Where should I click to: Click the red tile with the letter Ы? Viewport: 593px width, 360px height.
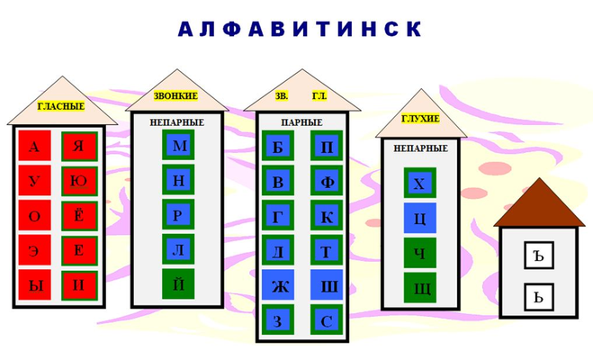pyautogui.click(x=35, y=284)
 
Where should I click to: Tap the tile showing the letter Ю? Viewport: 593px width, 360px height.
pyautogui.click(x=79, y=181)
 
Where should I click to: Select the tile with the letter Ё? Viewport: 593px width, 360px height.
pyautogui.click(x=79, y=215)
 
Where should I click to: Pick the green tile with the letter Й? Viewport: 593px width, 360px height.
pyautogui.click(x=178, y=284)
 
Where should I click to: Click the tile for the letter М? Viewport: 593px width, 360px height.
pyautogui.click(x=178, y=145)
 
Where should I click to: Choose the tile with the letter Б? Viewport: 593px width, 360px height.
pyautogui.click(x=278, y=146)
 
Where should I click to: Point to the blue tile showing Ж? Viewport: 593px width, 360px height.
pyautogui.click(x=278, y=284)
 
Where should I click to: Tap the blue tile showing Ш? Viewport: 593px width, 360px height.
pyautogui.click(x=327, y=284)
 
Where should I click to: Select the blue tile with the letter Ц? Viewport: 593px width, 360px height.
pyautogui.click(x=420, y=218)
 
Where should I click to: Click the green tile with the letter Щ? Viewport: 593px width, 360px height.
pyautogui.click(x=420, y=288)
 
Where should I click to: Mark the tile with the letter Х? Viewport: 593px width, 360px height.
pyautogui.click(x=420, y=183)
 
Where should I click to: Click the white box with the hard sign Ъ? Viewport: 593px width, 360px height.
pyautogui.click(x=539, y=256)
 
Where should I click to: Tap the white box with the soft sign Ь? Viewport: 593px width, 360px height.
pyautogui.click(x=539, y=297)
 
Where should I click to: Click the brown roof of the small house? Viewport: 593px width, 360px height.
pyautogui.click(x=539, y=207)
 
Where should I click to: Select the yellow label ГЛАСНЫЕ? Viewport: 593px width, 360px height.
pyautogui.click(x=61, y=106)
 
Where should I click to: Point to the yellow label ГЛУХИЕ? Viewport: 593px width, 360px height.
pyautogui.click(x=420, y=119)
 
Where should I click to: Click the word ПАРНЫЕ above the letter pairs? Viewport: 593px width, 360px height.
pyautogui.click(x=301, y=122)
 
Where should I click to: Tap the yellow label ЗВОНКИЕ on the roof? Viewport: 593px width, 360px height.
pyautogui.click(x=175, y=96)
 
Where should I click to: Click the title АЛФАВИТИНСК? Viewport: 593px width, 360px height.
pyautogui.click(x=300, y=29)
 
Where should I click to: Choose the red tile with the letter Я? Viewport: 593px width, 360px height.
pyautogui.click(x=79, y=146)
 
